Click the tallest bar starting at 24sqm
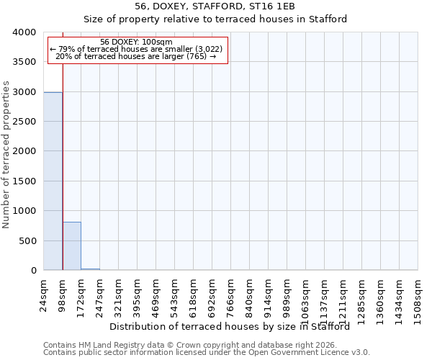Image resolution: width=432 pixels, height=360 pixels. coord(53,181)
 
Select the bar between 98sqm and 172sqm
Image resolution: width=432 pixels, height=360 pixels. coord(71,246)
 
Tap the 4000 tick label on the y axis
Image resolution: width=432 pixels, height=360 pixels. coord(24,32)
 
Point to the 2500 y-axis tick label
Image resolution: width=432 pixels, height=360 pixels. coord(24,122)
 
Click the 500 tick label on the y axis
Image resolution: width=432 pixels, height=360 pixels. coord(27,241)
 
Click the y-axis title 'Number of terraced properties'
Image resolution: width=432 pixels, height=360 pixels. coord(6,156)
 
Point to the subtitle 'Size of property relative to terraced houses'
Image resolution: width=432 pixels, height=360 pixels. coord(215,19)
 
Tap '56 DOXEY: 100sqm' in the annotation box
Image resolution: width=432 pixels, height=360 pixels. coord(137,42)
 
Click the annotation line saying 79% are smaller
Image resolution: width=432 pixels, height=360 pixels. coord(137,49)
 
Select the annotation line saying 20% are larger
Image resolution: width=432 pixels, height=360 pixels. coord(137,56)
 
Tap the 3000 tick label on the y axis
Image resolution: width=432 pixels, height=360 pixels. coord(24,92)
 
